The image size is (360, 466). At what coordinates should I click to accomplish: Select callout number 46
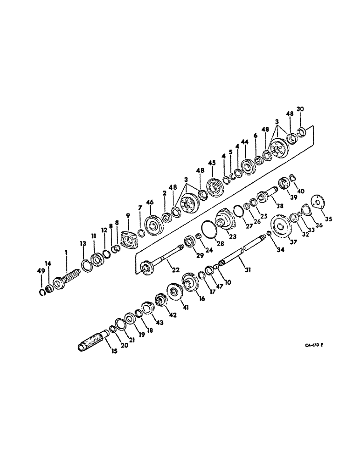click(x=150, y=203)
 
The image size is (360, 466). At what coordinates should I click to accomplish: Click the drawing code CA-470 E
click(x=315, y=345)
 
